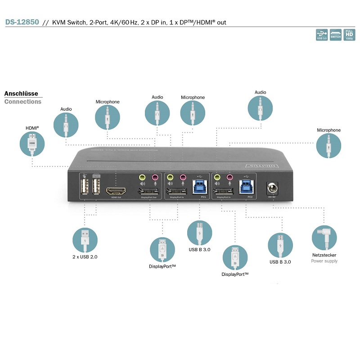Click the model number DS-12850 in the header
[22, 22]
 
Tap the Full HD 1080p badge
[349, 35]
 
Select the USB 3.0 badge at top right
[322, 35]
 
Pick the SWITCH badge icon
[336, 35]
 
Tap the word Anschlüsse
[21, 94]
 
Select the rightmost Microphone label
[328, 130]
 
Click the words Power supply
[324, 261]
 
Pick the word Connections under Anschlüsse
[22, 102]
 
